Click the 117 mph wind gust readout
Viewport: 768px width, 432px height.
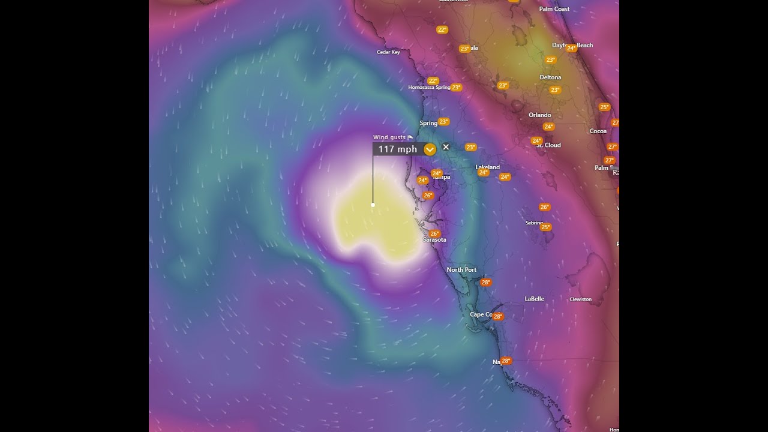pos(397,149)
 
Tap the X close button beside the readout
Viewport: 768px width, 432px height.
pos(446,147)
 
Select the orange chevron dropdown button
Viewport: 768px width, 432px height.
pos(430,149)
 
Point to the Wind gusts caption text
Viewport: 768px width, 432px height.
pos(389,137)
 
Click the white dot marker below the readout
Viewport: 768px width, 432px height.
pos(373,205)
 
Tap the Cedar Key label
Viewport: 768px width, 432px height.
pos(388,52)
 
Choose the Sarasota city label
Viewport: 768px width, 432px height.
pos(434,240)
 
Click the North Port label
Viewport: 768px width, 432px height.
pos(461,270)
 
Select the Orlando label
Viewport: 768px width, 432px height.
pos(539,115)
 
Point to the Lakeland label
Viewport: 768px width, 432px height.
pos(487,167)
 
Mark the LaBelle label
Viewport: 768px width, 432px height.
pos(534,299)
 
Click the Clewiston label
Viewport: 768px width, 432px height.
pos(580,299)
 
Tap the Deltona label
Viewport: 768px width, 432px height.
pos(550,77)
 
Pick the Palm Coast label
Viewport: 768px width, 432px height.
pos(554,9)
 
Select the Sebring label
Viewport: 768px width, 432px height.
pos(534,223)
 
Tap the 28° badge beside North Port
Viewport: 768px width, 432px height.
pos(485,282)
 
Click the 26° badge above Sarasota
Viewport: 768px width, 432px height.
pos(434,233)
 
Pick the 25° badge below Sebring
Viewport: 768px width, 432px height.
pos(545,227)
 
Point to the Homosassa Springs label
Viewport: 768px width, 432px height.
pos(429,88)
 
